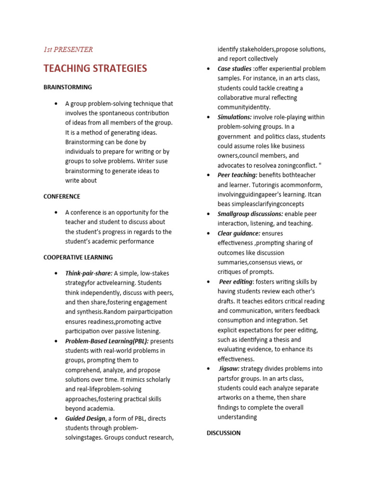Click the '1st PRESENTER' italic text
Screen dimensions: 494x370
(x=68, y=49)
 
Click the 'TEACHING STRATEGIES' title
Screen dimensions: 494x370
(x=95, y=69)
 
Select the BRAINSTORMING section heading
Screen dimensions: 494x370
(x=67, y=87)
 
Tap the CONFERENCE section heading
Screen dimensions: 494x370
(x=62, y=196)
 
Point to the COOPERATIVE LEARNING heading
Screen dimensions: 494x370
(x=78, y=257)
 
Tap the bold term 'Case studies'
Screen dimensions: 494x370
(x=234, y=69)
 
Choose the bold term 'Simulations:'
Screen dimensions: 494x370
(x=234, y=117)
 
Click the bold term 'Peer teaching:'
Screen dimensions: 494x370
(x=237, y=175)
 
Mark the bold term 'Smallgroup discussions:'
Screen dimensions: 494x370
(x=250, y=214)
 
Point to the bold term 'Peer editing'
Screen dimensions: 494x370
(x=236, y=282)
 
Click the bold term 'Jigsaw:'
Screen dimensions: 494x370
(x=229, y=369)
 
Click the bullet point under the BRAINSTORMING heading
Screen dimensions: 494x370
(x=56, y=104)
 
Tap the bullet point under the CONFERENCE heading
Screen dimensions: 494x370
(x=56, y=213)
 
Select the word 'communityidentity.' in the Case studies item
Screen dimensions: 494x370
(x=244, y=107)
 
